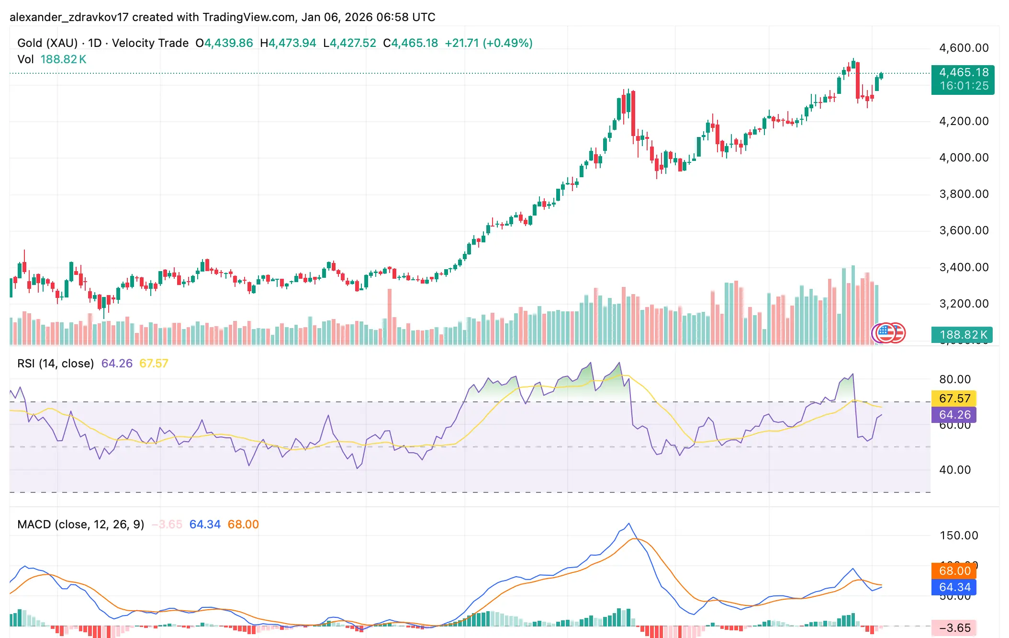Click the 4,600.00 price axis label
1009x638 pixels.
[x=964, y=48]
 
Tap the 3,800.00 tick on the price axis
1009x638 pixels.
[x=964, y=194]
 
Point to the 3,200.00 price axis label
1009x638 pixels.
[x=964, y=304]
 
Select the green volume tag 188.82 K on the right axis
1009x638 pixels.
[x=963, y=334]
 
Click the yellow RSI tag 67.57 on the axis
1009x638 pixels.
[x=954, y=399]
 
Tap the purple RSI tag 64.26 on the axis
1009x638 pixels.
[x=954, y=415]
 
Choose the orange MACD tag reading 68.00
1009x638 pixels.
[x=954, y=571]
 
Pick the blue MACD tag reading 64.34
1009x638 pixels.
[x=954, y=587]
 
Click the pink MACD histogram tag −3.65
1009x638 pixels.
[x=954, y=628]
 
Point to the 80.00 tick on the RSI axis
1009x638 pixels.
[x=954, y=379]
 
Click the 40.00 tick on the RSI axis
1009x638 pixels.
[x=954, y=470]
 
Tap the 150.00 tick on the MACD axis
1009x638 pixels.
[x=958, y=535]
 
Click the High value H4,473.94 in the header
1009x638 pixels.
[x=288, y=43]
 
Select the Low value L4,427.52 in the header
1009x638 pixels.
[x=350, y=43]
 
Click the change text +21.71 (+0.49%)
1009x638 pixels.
[x=488, y=43]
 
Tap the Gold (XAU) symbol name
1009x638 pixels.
[x=47, y=43]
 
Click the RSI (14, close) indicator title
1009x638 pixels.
[x=56, y=364]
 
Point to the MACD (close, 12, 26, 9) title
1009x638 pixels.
[x=80, y=524]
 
